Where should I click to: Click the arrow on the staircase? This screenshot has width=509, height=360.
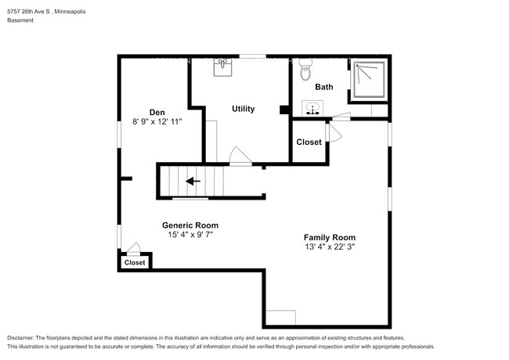click(x=192, y=182)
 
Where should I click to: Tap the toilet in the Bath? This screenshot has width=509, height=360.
click(x=305, y=70)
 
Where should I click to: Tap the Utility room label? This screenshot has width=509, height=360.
click(x=243, y=109)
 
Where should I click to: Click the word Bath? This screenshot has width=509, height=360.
click(x=325, y=88)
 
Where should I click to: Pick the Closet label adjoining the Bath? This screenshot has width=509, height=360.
click(x=309, y=142)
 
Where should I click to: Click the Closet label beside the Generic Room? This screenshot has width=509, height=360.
click(x=135, y=263)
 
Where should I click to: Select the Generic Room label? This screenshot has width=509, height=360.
click(x=190, y=224)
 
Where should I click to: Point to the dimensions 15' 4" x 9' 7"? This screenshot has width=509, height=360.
click(x=190, y=234)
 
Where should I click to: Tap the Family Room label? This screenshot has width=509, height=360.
click(x=330, y=237)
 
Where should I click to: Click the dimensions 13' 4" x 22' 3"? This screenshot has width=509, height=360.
click(x=330, y=247)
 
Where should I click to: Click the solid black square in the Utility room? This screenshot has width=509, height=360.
click(x=283, y=110)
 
